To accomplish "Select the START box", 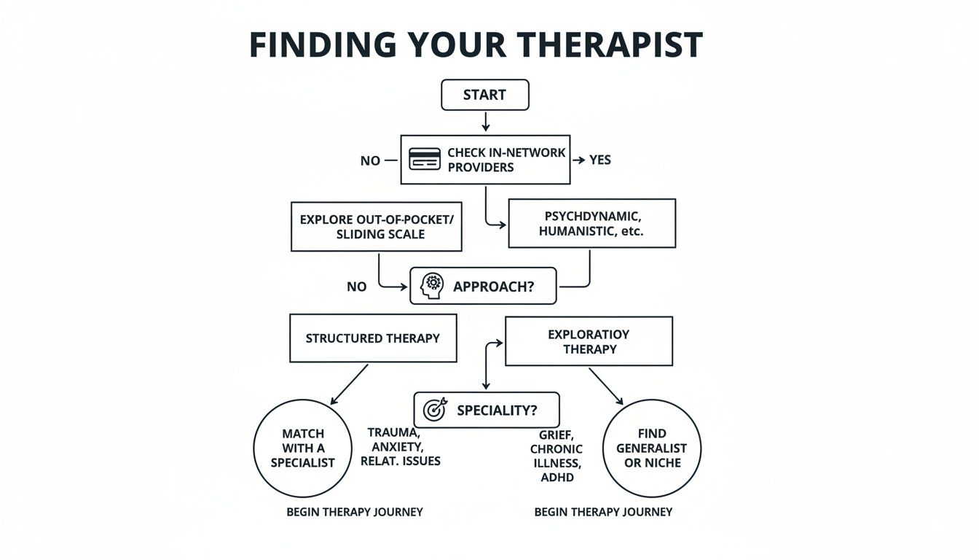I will [x=484, y=95].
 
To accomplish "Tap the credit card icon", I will [x=425, y=159].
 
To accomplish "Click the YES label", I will [x=599, y=160].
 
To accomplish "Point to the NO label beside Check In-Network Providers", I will [x=370, y=160].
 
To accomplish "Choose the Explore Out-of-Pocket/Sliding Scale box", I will [x=376, y=227].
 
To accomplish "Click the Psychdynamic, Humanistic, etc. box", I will [x=591, y=223].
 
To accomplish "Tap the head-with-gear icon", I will [x=433, y=286].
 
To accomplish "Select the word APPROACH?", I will [x=493, y=287].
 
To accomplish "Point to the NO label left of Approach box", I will [x=356, y=287].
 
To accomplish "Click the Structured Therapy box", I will [x=372, y=338].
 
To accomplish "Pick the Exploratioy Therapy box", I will [x=589, y=341].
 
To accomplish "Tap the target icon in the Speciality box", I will [x=435, y=410].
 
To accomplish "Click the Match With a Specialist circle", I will [x=303, y=448].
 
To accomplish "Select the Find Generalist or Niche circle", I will [x=652, y=448].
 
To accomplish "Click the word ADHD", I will [x=557, y=478].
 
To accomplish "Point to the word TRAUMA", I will [x=394, y=432].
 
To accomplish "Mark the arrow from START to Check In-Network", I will [x=485, y=121].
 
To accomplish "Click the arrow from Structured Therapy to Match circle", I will [x=349, y=384].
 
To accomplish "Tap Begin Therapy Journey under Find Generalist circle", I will [x=603, y=512].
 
